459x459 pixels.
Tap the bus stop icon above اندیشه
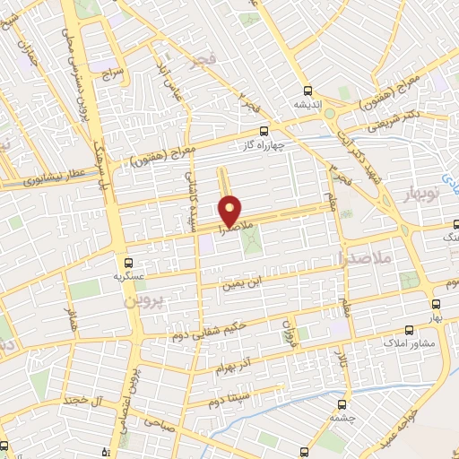[308, 91]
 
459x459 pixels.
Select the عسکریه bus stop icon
[130, 263]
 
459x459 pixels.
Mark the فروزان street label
[288, 327]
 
